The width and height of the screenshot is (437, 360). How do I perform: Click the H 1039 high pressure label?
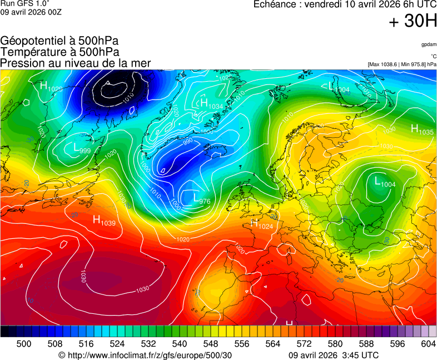pos(104,221)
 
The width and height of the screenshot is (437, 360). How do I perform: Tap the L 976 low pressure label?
pos(201,198)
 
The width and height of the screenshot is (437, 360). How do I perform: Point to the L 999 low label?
pos(82,148)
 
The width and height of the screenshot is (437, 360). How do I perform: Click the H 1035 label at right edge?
pos(422,130)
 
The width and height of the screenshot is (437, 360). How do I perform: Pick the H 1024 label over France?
pos(262,224)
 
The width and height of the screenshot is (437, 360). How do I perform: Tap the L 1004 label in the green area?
pos(385,182)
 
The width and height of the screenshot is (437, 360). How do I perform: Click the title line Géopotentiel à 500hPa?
pos(59,41)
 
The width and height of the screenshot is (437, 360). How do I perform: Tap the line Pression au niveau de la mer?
pos(76,63)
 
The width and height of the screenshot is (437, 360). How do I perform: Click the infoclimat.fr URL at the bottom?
pos(145,355)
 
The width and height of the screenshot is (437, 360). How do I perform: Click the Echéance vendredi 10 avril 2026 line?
pos(345,5)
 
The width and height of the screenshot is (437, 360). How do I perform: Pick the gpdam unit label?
pos(428,44)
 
